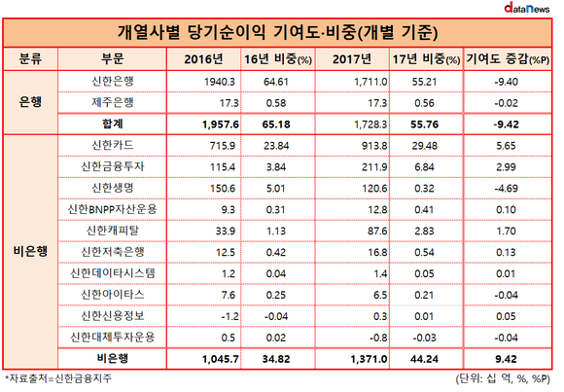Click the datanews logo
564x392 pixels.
pyautogui.click(x=527, y=8)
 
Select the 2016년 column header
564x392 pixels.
pyautogui.click(x=203, y=59)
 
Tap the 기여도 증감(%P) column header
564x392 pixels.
pyautogui.click(x=508, y=59)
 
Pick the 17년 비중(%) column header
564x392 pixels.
pyautogui.click(x=426, y=59)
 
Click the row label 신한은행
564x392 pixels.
pyautogui.click(x=113, y=82)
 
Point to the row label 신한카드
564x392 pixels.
pyautogui.click(x=113, y=146)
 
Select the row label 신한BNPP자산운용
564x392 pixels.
pyautogui.click(x=113, y=209)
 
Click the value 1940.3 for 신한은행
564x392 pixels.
pyautogui.click(x=220, y=82)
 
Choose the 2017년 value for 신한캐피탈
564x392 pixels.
pyautogui.click(x=377, y=232)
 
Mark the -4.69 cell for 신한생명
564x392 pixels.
pyautogui.click(x=506, y=189)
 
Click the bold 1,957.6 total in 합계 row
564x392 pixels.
pyautogui.click(x=221, y=125)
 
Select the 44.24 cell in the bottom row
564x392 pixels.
pyautogui.click(x=424, y=359)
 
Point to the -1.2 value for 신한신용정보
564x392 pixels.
pyautogui.click(x=229, y=316)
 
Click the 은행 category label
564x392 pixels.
pyautogui.click(x=30, y=102)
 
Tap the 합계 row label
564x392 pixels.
pyautogui.click(x=113, y=125)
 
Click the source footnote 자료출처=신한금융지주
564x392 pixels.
pyautogui.click(x=58, y=378)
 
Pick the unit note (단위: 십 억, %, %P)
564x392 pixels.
pyautogui.click(x=503, y=378)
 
